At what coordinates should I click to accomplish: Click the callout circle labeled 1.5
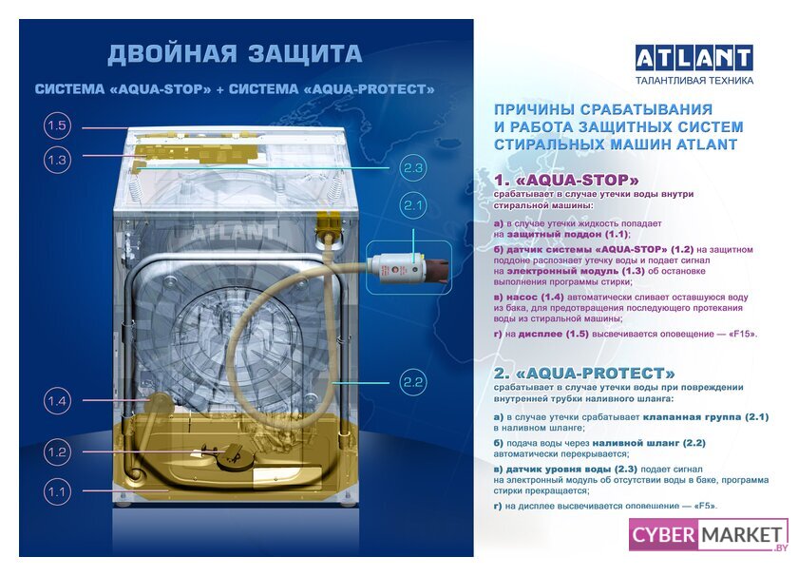(x=56, y=125)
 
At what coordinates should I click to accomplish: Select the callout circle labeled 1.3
(x=56, y=160)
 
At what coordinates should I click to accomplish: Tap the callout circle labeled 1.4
(x=56, y=401)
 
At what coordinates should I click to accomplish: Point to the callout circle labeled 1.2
(x=56, y=451)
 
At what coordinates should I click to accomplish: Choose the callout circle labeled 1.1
(x=56, y=491)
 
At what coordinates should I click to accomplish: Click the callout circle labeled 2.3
(x=412, y=167)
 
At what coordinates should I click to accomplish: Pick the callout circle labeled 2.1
(x=412, y=205)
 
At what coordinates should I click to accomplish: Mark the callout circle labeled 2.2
(x=412, y=382)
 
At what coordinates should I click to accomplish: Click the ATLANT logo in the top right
(x=694, y=58)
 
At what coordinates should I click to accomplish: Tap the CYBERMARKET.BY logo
(x=709, y=535)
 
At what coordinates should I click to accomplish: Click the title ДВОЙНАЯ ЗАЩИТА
(x=235, y=54)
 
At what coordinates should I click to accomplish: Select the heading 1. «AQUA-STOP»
(x=566, y=180)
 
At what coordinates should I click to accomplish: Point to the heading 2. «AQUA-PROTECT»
(x=584, y=374)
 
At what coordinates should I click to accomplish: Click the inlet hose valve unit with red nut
(x=410, y=267)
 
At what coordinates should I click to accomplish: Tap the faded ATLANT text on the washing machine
(x=233, y=232)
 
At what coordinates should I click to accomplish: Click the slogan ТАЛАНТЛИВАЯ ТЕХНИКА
(x=694, y=80)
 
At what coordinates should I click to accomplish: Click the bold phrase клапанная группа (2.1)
(x=705, y=416)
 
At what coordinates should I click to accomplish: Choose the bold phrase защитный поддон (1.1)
(x=567, y=234)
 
